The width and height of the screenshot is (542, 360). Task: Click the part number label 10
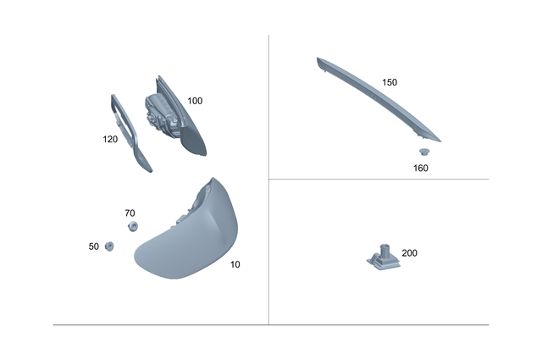coord(235,265)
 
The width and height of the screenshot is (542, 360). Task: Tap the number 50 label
coord(93,246)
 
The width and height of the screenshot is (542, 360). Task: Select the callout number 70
coord(130,213)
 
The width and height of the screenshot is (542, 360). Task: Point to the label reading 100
coord(195,101)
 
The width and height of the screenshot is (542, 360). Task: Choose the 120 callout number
coord(110,140)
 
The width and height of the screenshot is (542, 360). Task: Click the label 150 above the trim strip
coord(390,83)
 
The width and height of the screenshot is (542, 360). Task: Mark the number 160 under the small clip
coord(421,168)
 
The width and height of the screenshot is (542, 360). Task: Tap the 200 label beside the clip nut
coord(409,253)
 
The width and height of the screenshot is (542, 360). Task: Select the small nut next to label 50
coord(109,246)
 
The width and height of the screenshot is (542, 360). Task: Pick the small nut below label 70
coord(132,226)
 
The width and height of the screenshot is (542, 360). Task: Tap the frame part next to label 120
coord(130,136)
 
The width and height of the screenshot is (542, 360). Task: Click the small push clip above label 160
coord(424,152)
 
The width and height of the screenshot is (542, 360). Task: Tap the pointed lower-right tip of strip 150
coord(440,140)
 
